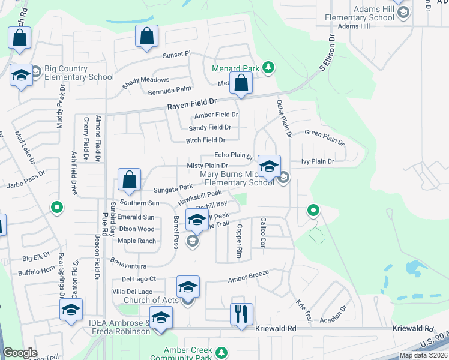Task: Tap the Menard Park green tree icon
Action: [270, 68]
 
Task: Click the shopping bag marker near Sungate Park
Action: [130, 179]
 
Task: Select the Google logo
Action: [20, 353]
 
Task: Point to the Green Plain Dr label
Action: [324, 137]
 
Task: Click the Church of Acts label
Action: [151, 300]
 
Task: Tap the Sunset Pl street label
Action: [176, 54]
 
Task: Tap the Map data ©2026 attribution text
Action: [423, 355]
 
